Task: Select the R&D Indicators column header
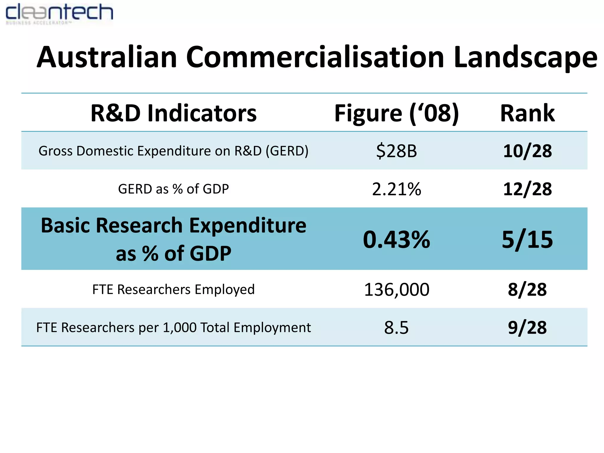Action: point(173,113)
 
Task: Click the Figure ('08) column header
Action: point(396,113)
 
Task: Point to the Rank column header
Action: point(527,113)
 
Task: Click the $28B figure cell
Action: point(396,151)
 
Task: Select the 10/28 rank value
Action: point(527,151)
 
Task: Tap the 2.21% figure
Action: point(396,189)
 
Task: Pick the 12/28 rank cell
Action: point(527,189)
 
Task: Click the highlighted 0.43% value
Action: point(396,239)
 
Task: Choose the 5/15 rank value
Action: point(527,239)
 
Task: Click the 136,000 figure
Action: point(396,290)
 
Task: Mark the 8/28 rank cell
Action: point(527,290)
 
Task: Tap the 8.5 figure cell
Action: point(396,328)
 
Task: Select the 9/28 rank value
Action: point(527,328)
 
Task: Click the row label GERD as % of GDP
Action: point(173,189)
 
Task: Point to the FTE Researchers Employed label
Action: point(173,290)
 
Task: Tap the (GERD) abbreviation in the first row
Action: point(287,151)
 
